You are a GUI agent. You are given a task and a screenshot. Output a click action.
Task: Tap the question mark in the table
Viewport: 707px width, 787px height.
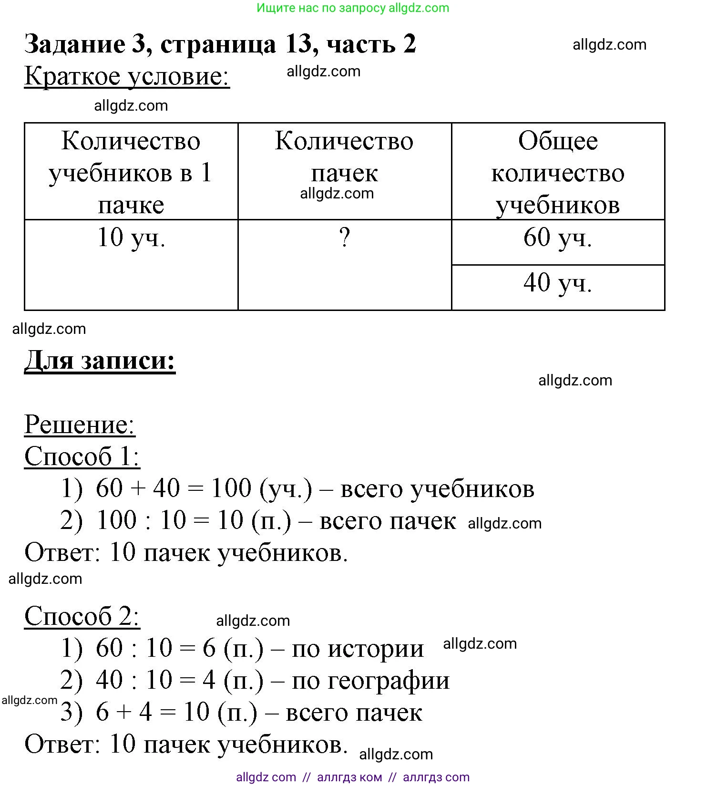pos(344,238)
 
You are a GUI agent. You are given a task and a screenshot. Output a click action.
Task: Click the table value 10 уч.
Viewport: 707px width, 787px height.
pos(131,238)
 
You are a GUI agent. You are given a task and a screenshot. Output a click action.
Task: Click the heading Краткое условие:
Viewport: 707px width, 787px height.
pos(127,76)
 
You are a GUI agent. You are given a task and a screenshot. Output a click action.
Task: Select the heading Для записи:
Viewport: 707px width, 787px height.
pos(100,360)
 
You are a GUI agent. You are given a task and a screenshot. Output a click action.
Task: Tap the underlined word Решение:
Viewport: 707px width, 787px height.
pos(80,425)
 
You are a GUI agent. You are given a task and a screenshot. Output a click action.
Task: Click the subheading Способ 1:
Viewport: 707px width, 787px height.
pos(82,456)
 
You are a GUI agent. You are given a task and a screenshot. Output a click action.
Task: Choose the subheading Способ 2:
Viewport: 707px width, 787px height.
pos(82,616)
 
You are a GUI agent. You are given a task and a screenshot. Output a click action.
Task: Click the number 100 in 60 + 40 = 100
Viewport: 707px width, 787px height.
pos(231,488)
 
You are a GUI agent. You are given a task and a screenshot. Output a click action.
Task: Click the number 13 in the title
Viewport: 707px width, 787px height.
pos(298,44)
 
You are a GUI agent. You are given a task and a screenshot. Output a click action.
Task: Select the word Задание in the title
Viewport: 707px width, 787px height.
pos(75,44)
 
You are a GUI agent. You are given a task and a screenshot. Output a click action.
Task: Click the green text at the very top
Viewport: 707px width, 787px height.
pos(353,8)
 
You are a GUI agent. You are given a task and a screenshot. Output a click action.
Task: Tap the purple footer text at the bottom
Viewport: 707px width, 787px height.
pos(353,777)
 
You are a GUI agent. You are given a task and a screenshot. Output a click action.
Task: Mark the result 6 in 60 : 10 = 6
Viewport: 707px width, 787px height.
pos(209,648)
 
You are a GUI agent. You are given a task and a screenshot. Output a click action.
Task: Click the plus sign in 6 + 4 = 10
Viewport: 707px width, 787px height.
pos(124,713)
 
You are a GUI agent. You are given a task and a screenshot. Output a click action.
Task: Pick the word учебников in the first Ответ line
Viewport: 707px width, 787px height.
pos(282,553)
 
